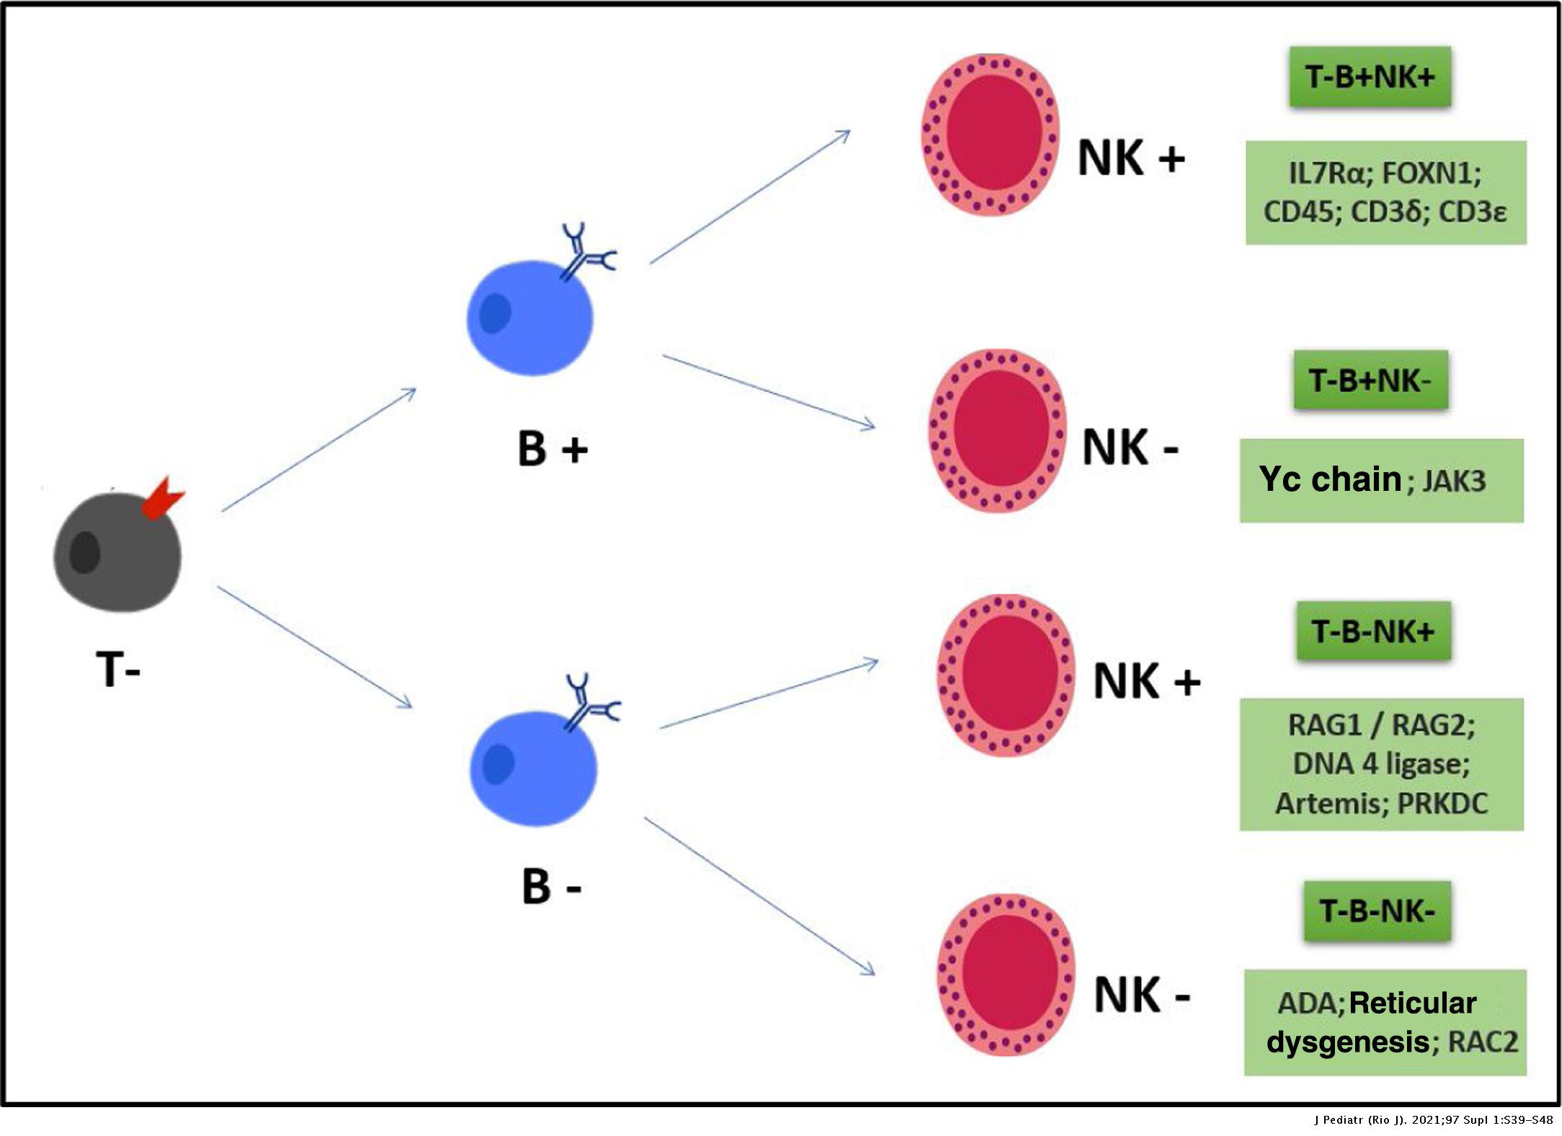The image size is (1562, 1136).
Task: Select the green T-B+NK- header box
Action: click(1370, 380)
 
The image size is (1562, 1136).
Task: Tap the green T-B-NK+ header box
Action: click(1373, 631)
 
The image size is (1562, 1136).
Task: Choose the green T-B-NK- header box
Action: click(1377, 911)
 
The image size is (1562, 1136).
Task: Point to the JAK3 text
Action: click(1454, 481)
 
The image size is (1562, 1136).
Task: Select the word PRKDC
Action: click(1442, 803)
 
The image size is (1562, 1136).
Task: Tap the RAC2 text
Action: click(1482, 1042)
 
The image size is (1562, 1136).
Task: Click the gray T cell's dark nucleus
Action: click(85, 552)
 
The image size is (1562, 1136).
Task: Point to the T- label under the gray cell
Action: click(117, 670)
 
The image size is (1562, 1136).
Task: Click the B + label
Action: click(552, 448)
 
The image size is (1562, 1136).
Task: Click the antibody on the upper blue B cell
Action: click(586, 252)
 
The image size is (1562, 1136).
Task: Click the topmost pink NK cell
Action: click(991, 134)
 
